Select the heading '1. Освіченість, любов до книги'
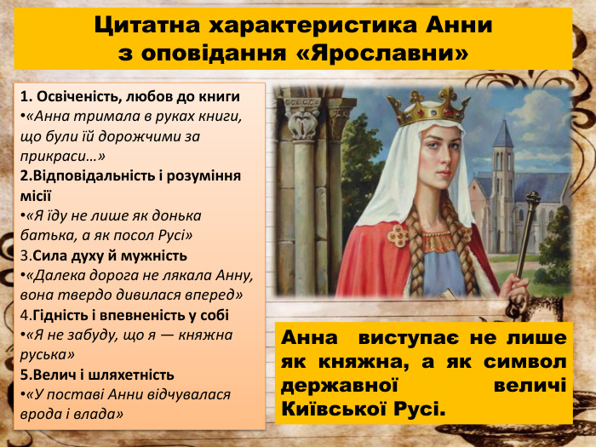pos(130,96)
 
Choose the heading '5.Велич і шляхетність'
pos(98,375)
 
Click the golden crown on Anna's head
pos(428,106)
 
